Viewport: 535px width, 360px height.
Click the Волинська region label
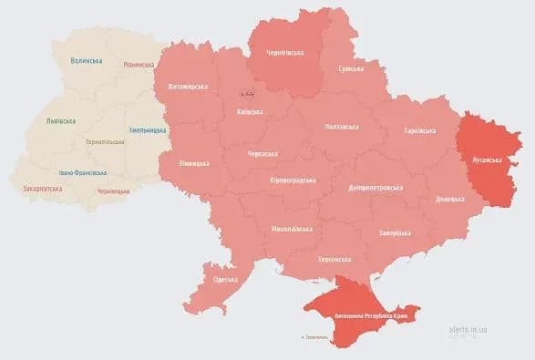[x=87, y=61]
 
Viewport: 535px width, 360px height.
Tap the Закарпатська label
[x=42, y=189]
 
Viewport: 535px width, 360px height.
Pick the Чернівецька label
[x=114, y=191]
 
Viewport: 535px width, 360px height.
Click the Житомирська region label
[x=188, y=87]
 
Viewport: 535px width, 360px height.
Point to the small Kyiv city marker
[x=247, y=94]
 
